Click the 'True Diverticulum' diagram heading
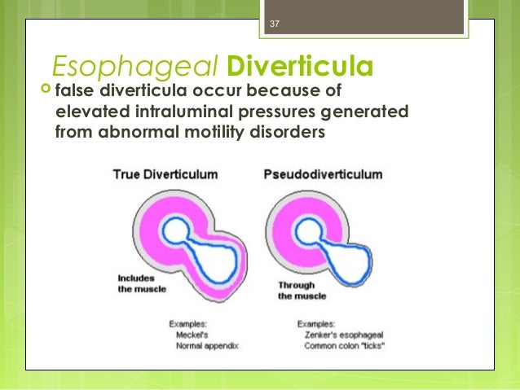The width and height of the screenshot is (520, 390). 155,174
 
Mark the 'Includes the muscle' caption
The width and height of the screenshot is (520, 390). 140,287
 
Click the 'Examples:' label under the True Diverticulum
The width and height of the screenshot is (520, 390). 190,322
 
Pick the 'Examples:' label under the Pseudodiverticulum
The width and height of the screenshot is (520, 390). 319,322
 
